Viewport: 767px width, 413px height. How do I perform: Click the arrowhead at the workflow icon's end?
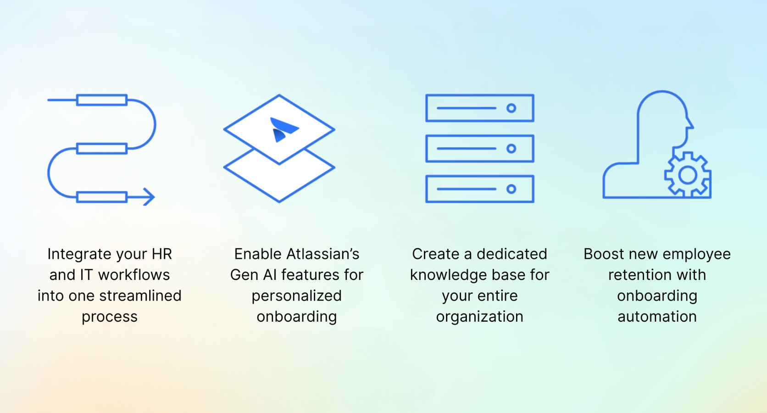click(x=150, y=197)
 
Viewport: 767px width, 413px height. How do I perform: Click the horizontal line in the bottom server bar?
click(x=467, y=189)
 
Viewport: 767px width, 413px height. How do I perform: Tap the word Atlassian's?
click(x=323, y=254)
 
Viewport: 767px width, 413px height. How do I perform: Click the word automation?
click(x=657, y=317)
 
